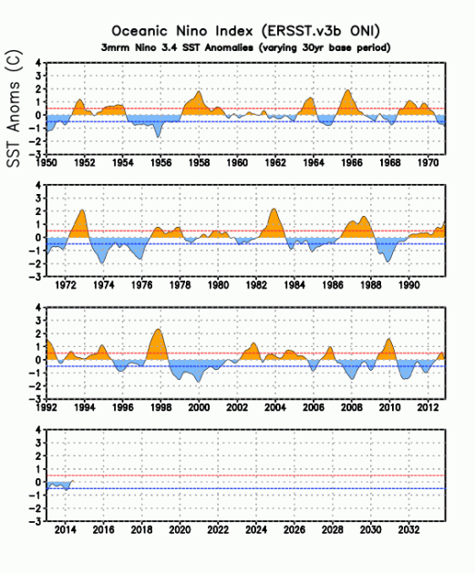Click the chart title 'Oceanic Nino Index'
point(182,31)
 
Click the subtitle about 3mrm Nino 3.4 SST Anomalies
point(246,48)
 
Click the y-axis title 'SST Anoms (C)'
point(14,108)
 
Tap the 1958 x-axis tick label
point(200,162)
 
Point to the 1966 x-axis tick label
point(352,162)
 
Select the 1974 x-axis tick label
point(104,284)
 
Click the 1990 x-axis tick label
point(408,284)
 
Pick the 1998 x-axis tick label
point(160,407)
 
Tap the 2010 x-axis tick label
point(390,407)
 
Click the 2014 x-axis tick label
point(66,529)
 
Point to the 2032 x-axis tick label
point(408,529)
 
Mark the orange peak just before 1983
point(274,223)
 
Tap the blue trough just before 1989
point(387,252)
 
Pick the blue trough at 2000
point(199,373)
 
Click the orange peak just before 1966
point(347,103)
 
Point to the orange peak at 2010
point(388,349)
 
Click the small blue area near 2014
point(57,485)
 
